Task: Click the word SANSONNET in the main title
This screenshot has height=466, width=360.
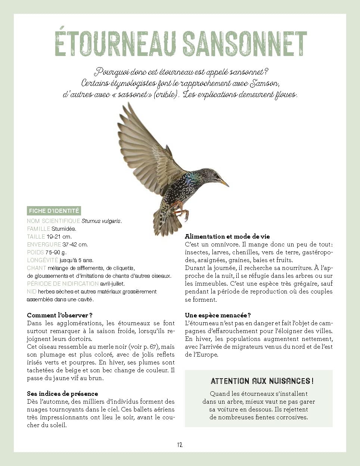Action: (x=245, y=44)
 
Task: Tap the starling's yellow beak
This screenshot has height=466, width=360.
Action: (x=224, y=183)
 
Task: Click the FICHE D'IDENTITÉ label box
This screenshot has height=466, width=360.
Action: (x=54, y=211)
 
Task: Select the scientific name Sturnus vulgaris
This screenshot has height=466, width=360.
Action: (x=101, y=221)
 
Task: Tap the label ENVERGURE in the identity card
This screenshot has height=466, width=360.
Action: (x=44, y=245)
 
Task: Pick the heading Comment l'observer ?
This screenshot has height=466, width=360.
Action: (x=60, y=316)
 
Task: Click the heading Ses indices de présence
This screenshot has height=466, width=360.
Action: (x=62, y=394)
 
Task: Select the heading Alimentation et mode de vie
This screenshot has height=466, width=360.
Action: (x=227, y=236)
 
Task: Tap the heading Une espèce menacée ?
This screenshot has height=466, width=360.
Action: (x=218, y=316)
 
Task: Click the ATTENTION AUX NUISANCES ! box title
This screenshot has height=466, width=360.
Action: (x=262, y=381)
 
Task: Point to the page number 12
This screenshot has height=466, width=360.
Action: (x=180, y=445)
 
